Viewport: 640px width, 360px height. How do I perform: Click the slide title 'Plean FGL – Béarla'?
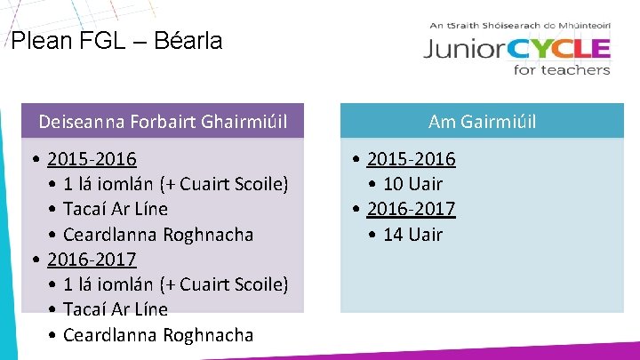[x=116, y=40]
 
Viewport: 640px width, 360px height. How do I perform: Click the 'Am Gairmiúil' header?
[x=482, y=121]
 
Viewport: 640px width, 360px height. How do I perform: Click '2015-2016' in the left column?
[x=92, y=159]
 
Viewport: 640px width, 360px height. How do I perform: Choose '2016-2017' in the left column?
[x=92, y=260]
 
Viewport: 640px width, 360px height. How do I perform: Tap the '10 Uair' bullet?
[x=412, y=184]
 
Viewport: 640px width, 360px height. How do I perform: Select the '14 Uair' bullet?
[x=412, y=235]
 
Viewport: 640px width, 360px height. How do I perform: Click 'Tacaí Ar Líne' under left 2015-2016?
[x=116, y=209]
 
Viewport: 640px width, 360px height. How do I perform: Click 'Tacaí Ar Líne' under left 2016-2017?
[x=116, y=309]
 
